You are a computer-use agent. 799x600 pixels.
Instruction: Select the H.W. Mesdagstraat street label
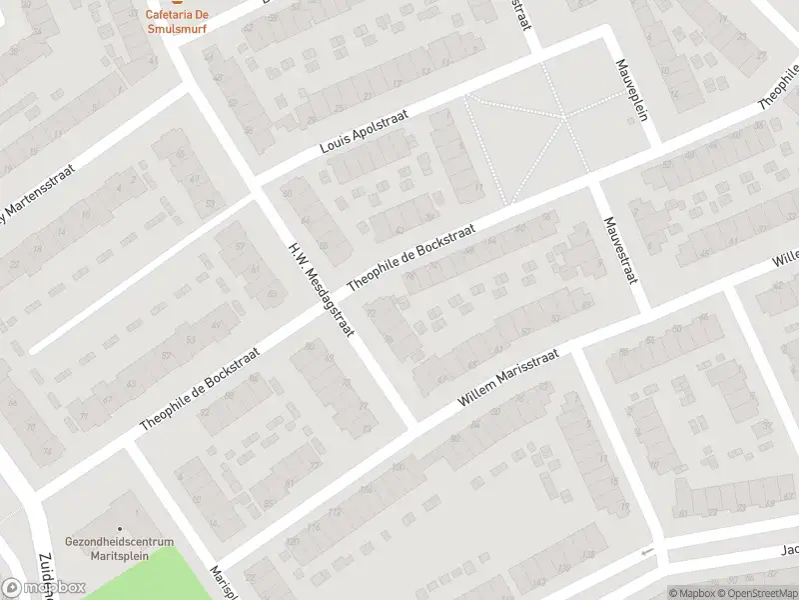[x=322, y=288]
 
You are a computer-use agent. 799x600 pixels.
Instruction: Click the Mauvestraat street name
[x=620, y=249]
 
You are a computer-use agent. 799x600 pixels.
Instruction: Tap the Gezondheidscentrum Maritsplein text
[x=112, y=548]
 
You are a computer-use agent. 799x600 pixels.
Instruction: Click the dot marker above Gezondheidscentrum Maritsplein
[x=120, y=528]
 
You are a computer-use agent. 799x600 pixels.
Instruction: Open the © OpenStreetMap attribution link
[x=758, y=593]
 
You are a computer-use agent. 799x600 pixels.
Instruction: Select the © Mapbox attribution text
[x=691, y=593]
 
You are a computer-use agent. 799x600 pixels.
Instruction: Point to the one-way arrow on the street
[x=646, y=552]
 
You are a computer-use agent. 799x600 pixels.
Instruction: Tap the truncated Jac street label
[x=789, y=548]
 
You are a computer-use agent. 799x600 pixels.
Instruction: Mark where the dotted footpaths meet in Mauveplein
[x=564, y=117]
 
